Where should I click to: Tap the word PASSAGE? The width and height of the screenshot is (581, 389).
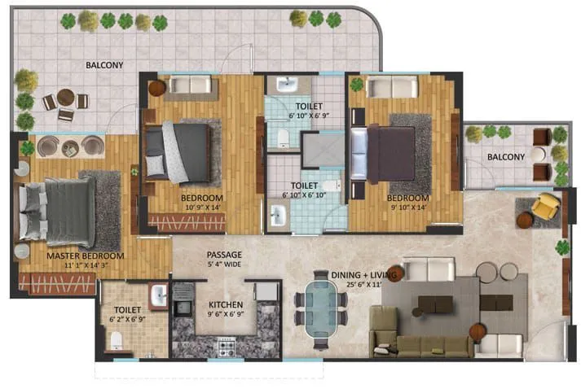tap(224, 254)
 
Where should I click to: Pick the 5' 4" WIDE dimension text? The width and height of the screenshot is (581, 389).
tap(224, 264)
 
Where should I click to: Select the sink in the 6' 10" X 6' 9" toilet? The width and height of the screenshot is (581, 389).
tap(286, 84)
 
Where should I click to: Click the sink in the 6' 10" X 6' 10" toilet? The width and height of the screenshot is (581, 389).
tap(278, 215)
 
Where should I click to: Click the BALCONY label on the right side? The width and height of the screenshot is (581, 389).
tap(506, 156)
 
